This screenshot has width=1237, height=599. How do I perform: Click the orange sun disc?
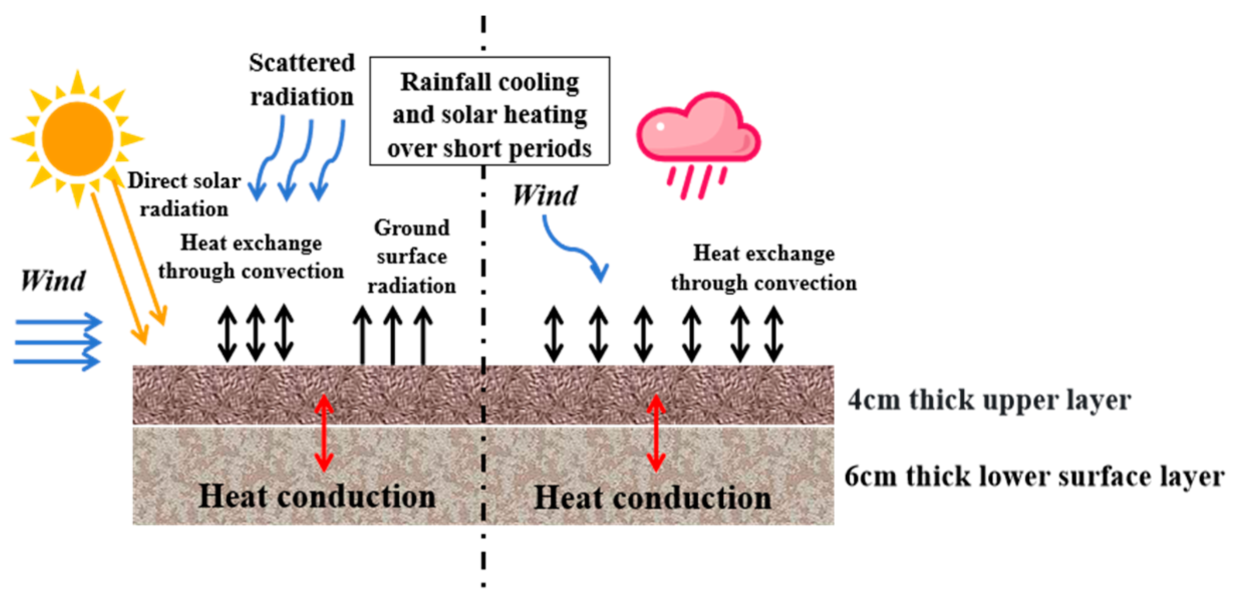tap(77, 138)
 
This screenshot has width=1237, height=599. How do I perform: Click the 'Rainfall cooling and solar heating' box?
tap(490, 111)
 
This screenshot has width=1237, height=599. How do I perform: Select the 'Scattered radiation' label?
tap(302, 79)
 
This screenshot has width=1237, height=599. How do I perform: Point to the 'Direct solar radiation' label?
tap(184, 195)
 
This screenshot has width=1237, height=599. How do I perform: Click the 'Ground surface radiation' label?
tap(411, 257)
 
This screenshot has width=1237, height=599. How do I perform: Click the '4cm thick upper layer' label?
tap(989, 400)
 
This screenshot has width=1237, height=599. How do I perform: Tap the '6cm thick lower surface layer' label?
tap(1034, 476)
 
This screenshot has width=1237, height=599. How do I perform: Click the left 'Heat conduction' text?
tap(317, 496)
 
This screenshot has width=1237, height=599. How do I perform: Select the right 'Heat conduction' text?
tap(653, 498)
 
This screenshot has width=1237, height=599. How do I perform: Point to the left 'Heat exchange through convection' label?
tap(251, 257)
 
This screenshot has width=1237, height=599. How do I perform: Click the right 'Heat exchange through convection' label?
tap(763, 268)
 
